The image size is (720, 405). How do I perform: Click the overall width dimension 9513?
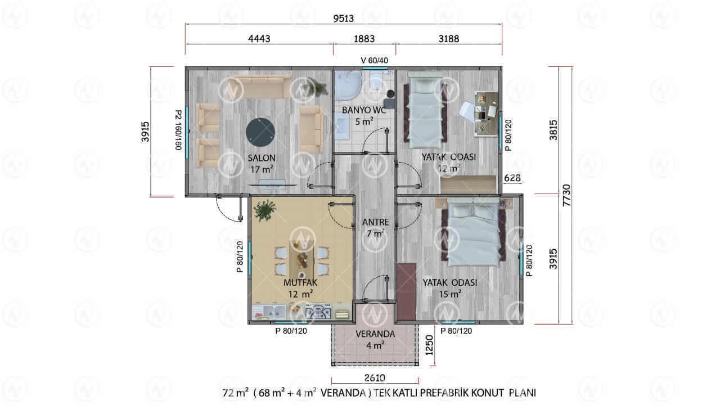point(343,19)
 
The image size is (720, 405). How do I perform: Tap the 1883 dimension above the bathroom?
point(364,39)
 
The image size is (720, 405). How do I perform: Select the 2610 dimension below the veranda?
point(375,378)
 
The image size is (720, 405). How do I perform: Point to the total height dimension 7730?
point(566,195)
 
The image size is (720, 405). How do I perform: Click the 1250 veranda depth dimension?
point(429,345)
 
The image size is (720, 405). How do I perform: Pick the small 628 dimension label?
point(512,178)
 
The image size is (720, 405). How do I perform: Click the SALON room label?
point(262,158)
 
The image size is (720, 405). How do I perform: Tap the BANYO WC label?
point(364,110)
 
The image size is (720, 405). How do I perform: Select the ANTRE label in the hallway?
point(375,222)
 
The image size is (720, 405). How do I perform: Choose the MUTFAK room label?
point(300,283)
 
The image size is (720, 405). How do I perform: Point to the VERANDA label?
point(375,334)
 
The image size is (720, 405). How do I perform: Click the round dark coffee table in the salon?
point(260,132)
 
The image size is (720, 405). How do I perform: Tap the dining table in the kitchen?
point(302,260)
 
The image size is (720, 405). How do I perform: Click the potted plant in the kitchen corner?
point(264,210)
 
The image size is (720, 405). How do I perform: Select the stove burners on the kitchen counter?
point(318,312)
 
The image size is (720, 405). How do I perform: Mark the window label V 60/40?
point(375,60)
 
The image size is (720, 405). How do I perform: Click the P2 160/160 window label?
point(178,130)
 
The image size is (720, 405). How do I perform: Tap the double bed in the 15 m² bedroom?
point(473,233)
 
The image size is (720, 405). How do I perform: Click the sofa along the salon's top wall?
point(260,87)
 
